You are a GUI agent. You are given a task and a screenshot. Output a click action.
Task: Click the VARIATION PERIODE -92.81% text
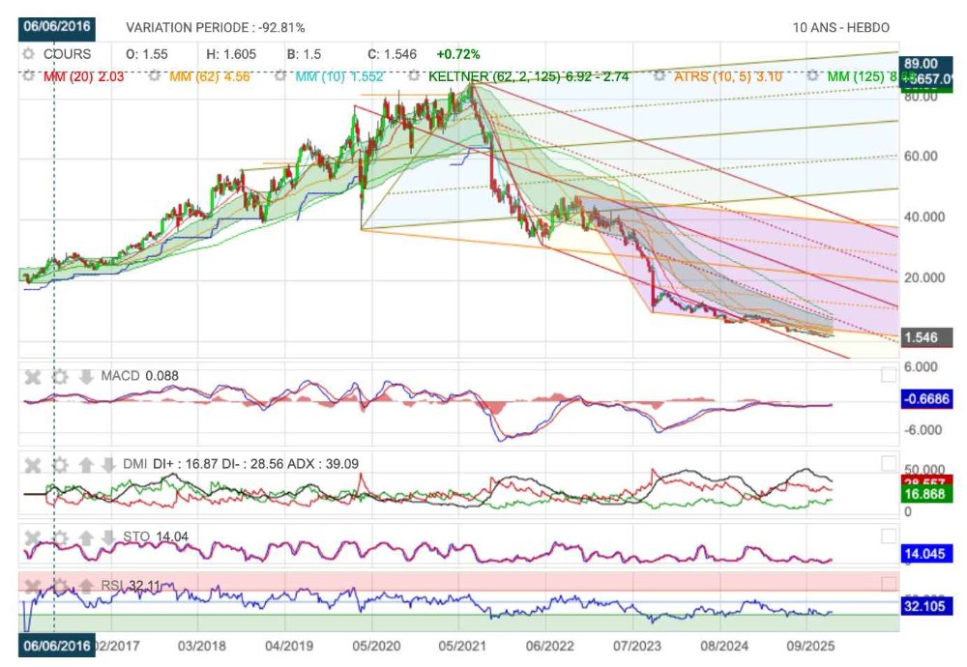pos(216,28)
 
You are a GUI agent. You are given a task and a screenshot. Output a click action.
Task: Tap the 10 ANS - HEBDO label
pos(841,28)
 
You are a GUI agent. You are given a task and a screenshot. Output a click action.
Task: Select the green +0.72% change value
pos(458,54)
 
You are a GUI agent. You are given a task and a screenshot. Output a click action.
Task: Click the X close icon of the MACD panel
pos(32,376)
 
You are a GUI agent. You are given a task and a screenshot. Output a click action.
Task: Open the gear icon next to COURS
pos(31,54)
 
